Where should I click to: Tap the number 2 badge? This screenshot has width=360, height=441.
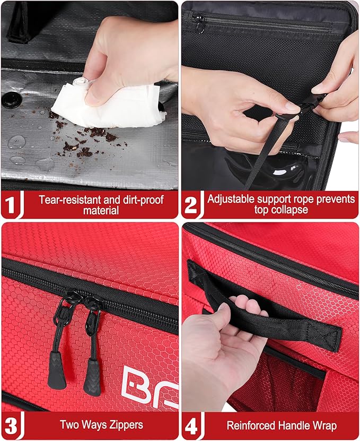coord(191,205)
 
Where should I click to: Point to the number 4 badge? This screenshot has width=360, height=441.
coord(191,425)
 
